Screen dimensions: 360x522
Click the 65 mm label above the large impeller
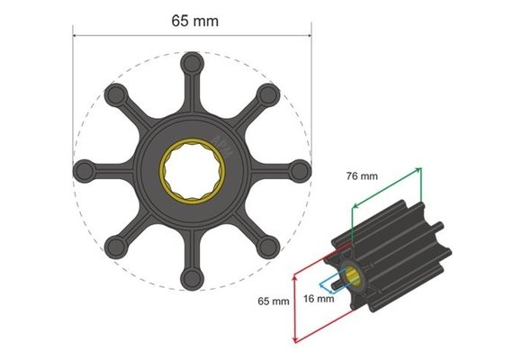pos(192,19)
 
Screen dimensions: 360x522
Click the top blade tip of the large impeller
pos(192,65)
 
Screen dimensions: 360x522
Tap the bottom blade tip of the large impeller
pos(192,278)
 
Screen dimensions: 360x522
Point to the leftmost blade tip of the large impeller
pos(85,168)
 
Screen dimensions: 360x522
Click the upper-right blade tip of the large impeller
pos(266,94)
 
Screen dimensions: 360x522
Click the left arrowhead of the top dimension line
pos(76,36)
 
